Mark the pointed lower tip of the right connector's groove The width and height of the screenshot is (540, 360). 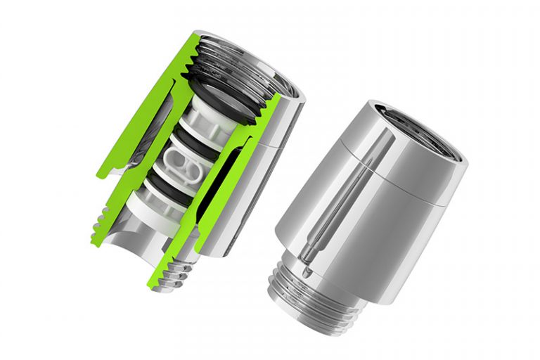(x=304, y=269)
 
